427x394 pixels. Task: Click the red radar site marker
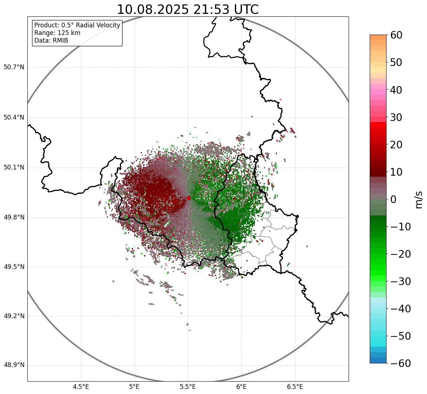tap(189, 198)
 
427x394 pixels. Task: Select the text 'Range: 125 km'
tap(57, 33)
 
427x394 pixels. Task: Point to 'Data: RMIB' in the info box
tap(51, 40)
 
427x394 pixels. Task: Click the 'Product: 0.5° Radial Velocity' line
tap(77, 25)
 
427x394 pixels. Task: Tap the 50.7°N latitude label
tap(14, 67)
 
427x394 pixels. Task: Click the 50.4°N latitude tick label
tap(14, 117)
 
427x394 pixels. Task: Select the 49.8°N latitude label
tap(14, 218)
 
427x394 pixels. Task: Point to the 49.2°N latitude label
tap(14, 316)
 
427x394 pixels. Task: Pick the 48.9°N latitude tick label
tap(14, 365)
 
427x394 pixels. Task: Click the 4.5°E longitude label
tap(81, 387)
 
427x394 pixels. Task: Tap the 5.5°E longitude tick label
tap(188, 387)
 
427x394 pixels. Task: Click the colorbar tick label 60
tap(396, 35)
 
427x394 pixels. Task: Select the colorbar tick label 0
tap(393, 199)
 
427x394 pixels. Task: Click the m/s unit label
tap(419, 199)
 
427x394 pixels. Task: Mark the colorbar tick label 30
tap(396, 117)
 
